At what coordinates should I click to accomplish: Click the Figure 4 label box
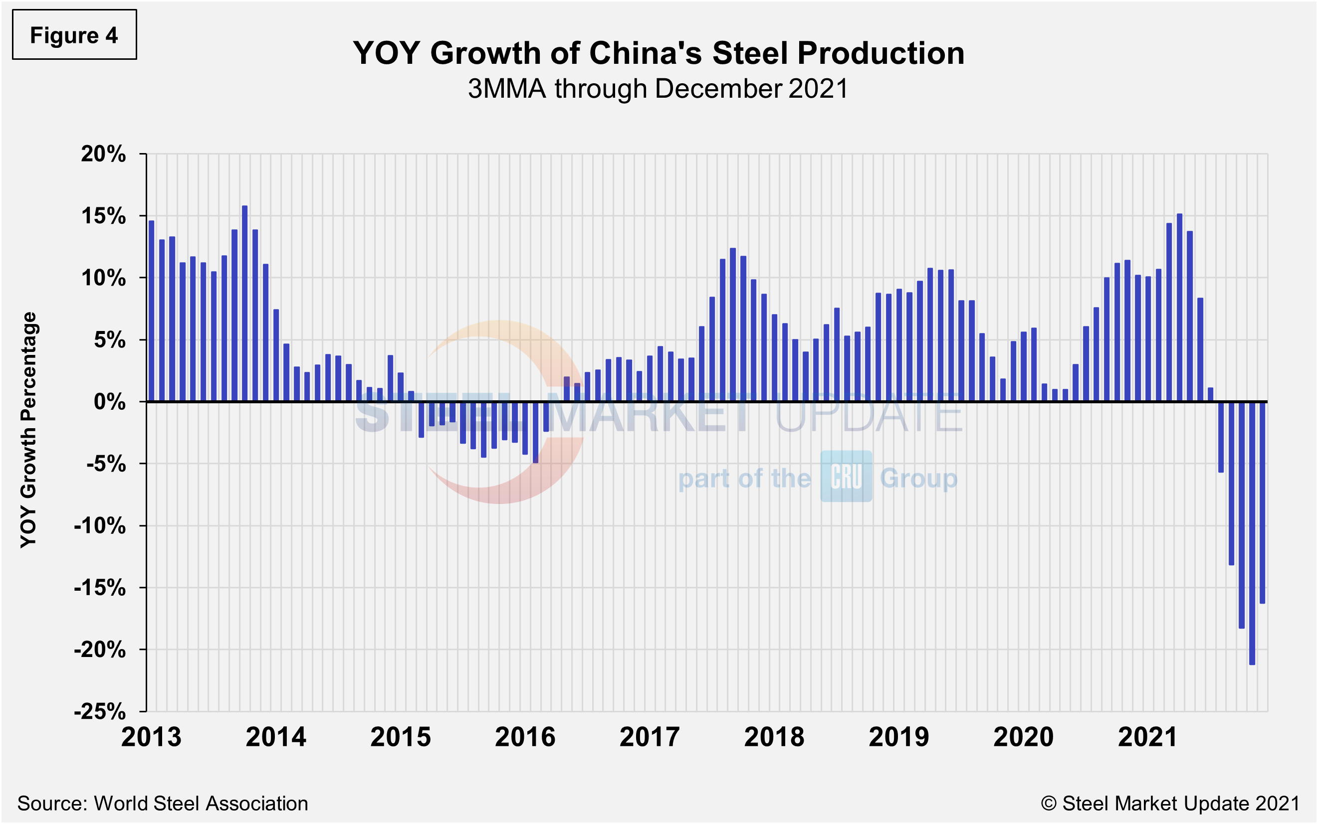(74, 35)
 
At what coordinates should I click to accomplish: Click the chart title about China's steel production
(658, 53)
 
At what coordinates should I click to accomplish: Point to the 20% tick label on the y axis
(103, 154)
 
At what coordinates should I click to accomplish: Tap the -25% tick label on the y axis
(100, 711)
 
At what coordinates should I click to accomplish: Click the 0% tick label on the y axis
(110, 402)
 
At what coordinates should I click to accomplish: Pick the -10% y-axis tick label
(100, 526)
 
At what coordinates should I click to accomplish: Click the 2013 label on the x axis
(151, 737)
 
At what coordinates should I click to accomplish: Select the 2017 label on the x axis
(650, 737)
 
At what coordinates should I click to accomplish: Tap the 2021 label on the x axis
(1148, 737)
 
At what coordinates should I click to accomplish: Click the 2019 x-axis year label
(898, 737)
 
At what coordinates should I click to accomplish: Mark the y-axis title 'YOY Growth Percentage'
(28, 429)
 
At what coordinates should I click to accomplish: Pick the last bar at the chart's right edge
(1263, 502)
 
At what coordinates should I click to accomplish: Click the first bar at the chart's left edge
(152, 311)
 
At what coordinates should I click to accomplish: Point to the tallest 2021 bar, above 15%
(1179, 308)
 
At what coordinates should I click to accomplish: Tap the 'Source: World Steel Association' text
(163, 803)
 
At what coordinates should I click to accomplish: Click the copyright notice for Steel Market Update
(1170, 803)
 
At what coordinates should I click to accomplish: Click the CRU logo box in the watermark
(846, 477)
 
